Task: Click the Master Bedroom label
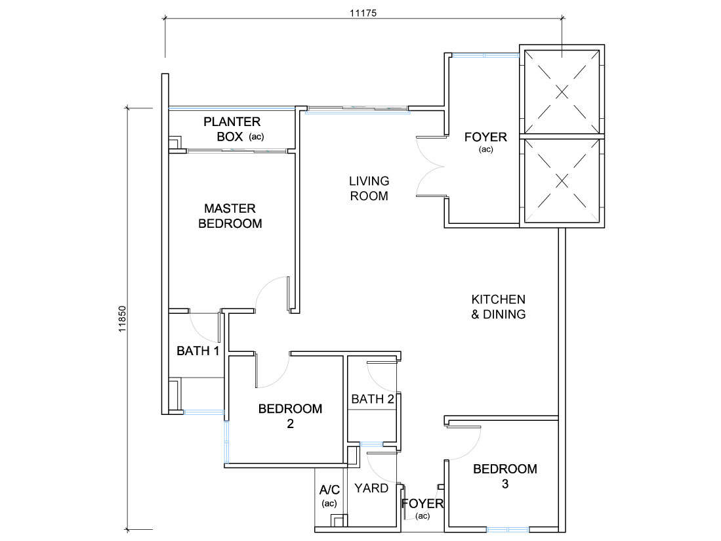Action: pos(230,216)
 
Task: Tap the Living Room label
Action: pos(369,188)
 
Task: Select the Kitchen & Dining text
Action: pos(499,307)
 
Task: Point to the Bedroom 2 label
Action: pos(290,416)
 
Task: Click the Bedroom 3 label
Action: pos(505,476)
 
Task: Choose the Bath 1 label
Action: pos(197,351)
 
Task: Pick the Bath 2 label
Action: pos(373,399)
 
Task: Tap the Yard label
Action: pos(371,488)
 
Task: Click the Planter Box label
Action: pos(232,129)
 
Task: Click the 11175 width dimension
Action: pos(363,13)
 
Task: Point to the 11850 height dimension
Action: pos(122,319)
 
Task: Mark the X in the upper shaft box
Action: pos(562,92)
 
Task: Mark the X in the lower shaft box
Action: pos(562,181)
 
